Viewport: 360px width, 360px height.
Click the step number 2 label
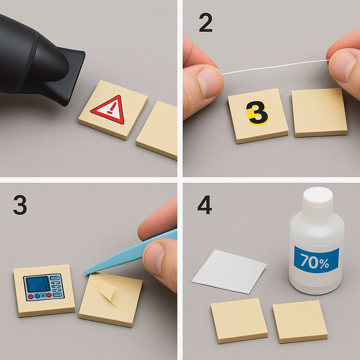206,22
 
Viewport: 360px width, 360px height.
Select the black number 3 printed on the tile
257,112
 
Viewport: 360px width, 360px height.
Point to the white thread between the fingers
276,66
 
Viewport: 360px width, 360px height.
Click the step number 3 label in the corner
20,205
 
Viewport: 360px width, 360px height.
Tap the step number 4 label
205,205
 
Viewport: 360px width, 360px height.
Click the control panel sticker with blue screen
44,287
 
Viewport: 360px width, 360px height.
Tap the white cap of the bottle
318,204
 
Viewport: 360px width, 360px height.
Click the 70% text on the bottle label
315,261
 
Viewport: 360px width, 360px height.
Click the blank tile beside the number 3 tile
320,112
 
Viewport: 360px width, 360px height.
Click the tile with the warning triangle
113,110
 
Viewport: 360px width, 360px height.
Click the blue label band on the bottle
316,259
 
